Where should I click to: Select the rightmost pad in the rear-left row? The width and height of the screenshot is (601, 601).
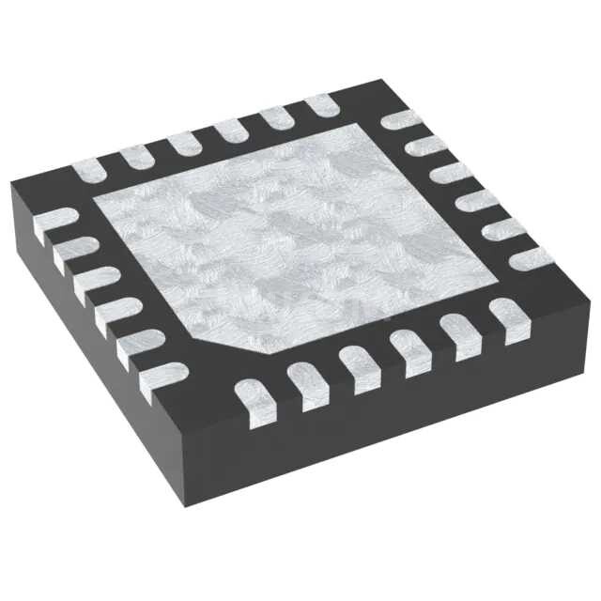(321, 102)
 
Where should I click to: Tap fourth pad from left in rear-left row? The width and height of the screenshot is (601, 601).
(228, 130)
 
